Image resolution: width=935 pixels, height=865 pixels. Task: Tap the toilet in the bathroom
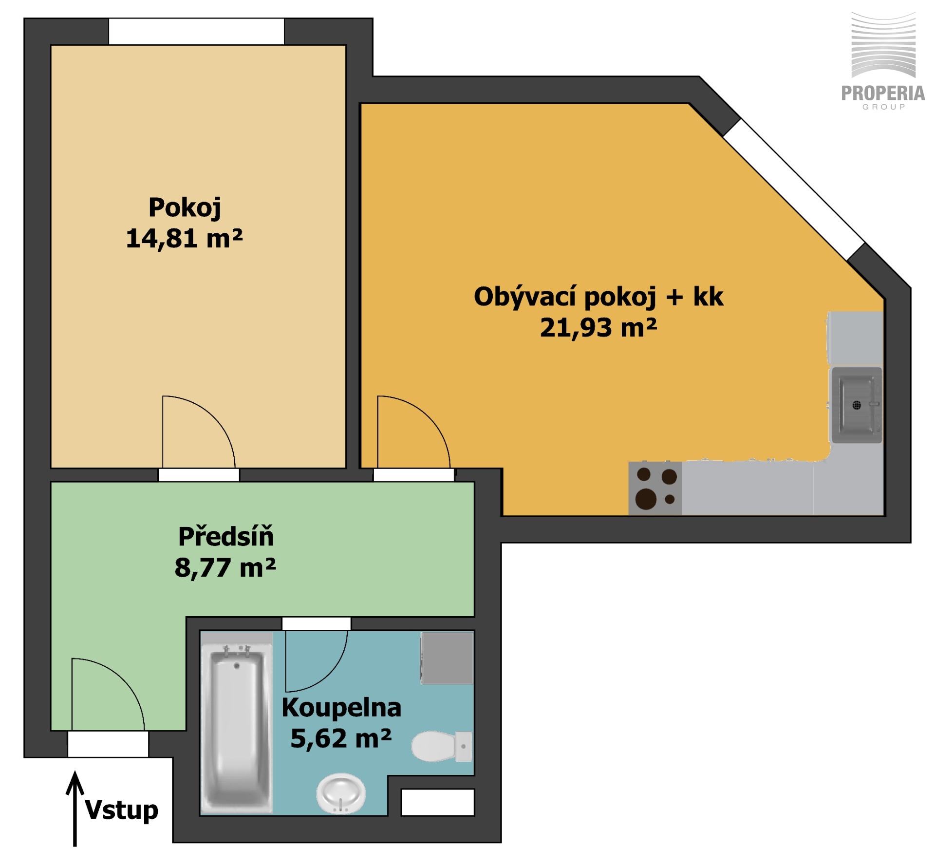[x=441, y=746]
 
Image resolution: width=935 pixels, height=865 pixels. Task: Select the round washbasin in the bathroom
[x=340, y=793]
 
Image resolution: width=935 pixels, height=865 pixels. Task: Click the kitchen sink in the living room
[x=856, y=405]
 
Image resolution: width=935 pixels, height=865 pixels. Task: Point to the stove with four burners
[x=655, y=489]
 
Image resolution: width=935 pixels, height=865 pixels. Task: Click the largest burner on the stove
[x=646, y=499]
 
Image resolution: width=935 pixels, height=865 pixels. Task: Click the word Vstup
[x=122, y=810]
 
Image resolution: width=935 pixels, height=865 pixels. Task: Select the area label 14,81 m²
[x=184, y=238]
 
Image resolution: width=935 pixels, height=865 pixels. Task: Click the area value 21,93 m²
[x=598, y=327]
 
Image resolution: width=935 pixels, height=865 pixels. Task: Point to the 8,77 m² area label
[x=225, y=567]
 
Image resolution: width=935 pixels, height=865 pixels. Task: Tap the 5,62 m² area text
[x=341, y=738]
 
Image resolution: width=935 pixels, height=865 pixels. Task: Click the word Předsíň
[x=226, y=536]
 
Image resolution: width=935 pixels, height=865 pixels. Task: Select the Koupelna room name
[x=341, y=707]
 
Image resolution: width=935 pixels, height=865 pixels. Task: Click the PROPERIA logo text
[x=883, y=93]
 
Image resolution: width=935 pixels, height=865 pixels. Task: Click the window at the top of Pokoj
[x=196, y=32]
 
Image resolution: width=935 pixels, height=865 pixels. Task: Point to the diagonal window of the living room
[x=794, y=189]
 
